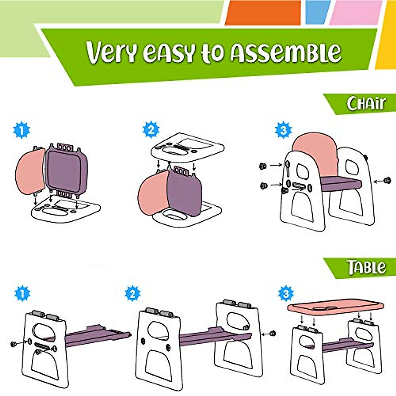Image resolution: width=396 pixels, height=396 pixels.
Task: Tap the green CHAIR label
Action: (x=366, y=104)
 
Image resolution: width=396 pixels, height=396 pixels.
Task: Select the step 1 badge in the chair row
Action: (x=21, y=130)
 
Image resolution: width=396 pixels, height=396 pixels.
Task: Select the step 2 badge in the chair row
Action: (x=151, y=130)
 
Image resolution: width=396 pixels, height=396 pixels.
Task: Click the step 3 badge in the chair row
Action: (x=283, y=130)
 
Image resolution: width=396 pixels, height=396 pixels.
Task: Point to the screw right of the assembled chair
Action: (x=387, y=181)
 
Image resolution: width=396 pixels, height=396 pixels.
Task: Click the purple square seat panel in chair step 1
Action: (x=64, y=170)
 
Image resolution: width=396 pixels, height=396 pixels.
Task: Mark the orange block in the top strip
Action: (x=263, y=13)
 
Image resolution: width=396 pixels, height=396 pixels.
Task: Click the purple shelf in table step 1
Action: (x=96, y=337)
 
